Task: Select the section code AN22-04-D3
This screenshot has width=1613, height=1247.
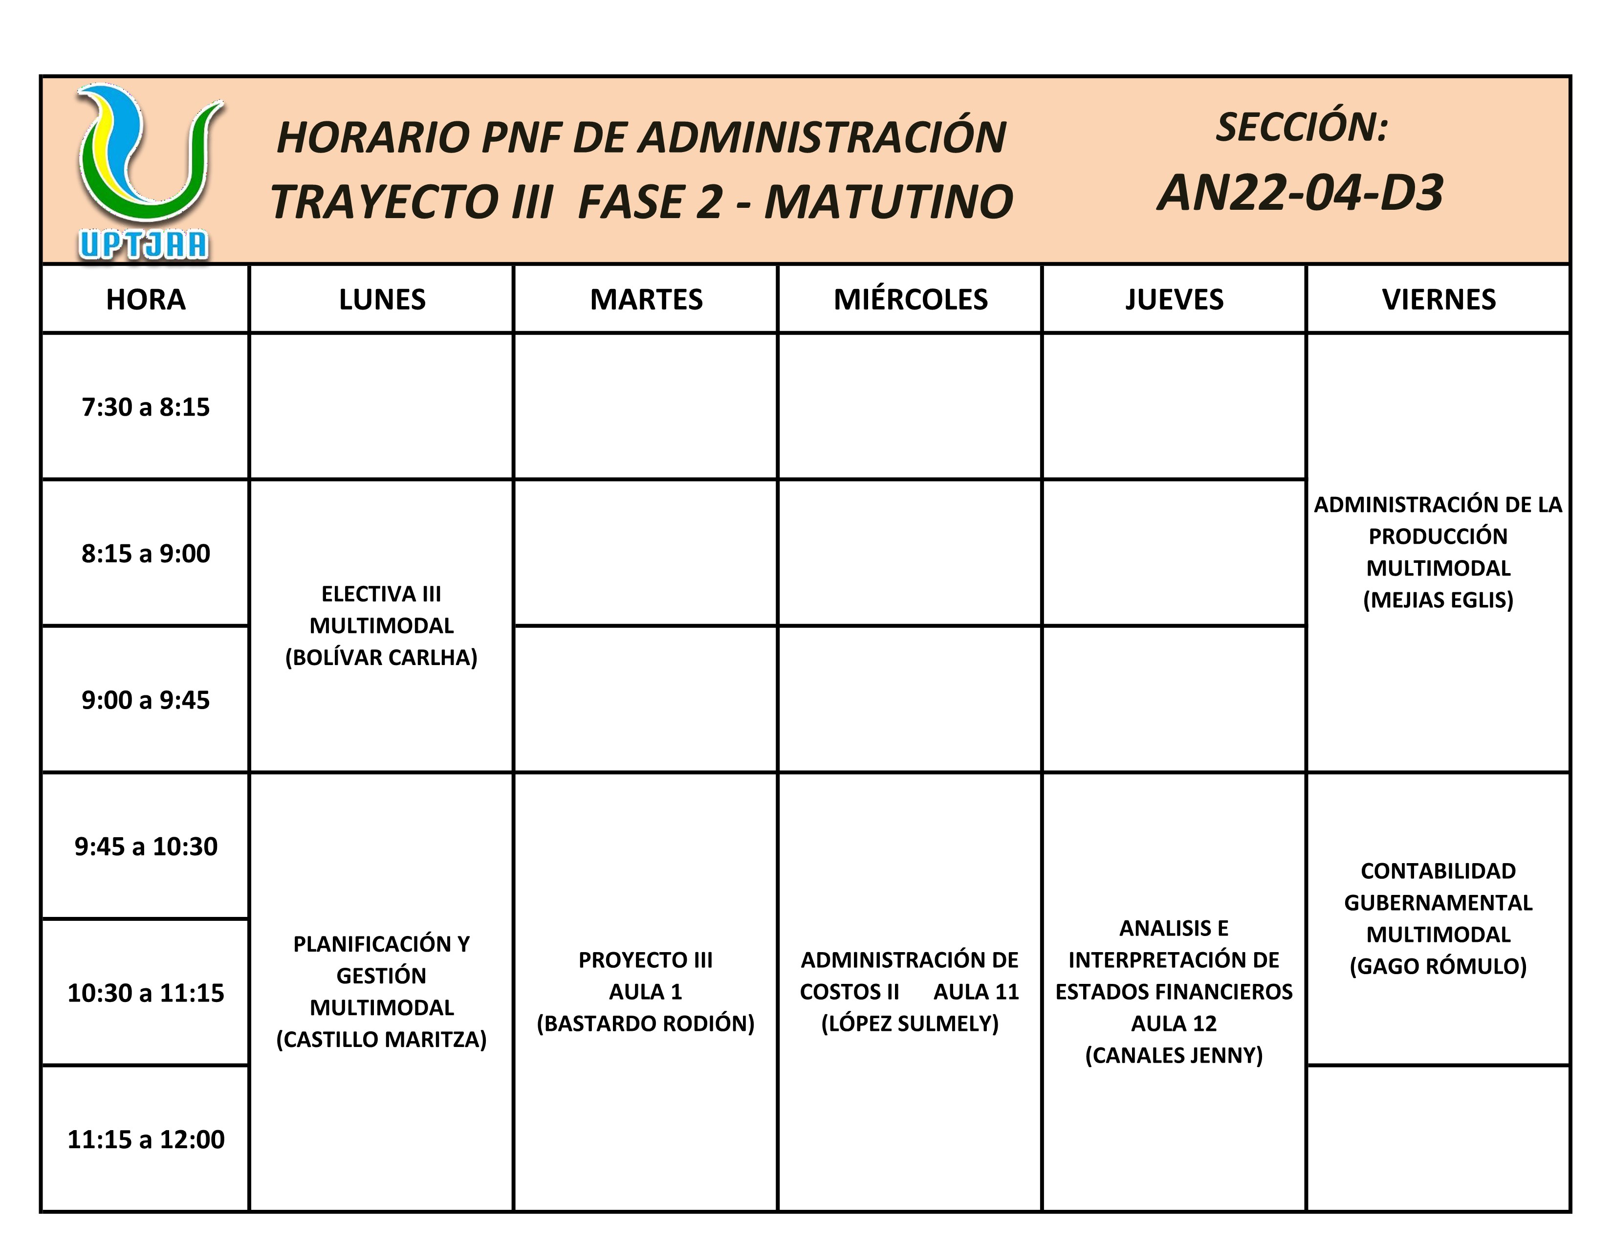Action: [1300, 193]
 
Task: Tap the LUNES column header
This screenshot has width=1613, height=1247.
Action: [382, 299]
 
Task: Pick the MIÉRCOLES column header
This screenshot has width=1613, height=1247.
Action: [910, 299]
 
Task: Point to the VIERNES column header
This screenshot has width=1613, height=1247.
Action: [1438, 299]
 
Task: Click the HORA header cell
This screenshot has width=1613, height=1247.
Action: [146, 299]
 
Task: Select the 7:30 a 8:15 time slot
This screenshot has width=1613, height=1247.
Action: [146, 407]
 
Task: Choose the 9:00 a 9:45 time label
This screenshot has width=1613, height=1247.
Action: [146, 700]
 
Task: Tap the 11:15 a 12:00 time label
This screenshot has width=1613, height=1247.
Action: [146, 1139]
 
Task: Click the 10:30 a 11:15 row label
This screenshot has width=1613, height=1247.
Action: [146, 993]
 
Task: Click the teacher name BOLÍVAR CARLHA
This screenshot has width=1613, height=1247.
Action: [382, 657]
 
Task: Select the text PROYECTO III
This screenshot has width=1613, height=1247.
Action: [646, 959]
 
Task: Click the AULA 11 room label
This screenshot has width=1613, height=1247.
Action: [976, 991]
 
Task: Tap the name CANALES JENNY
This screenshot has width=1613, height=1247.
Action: [1174, 1055]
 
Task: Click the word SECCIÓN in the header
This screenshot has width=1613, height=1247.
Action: [1301, 127]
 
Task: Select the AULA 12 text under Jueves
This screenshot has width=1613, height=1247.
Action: [1174, 1023]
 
